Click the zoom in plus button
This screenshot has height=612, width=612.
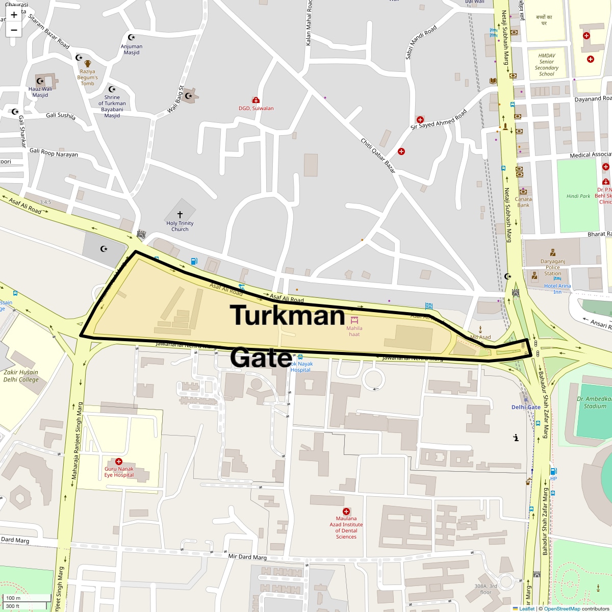click(x=14, y=15)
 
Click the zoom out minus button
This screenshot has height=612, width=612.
click(x=14, y=30)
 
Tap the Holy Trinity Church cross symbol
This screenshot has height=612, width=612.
click(x=180, y=215)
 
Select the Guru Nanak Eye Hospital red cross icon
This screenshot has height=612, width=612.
click(x=119, y=461)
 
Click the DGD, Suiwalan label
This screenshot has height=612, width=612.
click(x=256, y=108)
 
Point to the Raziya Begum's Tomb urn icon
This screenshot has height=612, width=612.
click(x=87, y=64)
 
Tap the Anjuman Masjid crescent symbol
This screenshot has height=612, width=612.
click(x=131, y=37)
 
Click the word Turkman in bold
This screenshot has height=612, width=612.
click(x=288, y=315)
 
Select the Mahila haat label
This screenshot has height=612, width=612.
click(x=354, y=331)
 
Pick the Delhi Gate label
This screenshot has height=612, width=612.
click(x=526, y=407)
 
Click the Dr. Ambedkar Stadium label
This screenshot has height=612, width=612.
click(x=594, y=402)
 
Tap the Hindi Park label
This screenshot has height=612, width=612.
click(x=578, y=196)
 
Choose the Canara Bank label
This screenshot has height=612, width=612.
click(x=523, y=202)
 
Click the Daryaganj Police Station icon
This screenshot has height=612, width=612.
click(x=552, y=252)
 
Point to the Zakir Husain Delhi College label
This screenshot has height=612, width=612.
click(x=21, y=376)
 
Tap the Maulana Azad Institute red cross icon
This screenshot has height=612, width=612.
click(x=346, y=511)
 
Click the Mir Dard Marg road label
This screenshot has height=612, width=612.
click(x=247, y=557)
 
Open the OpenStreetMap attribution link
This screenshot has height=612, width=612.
click(x=562, y=608)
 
